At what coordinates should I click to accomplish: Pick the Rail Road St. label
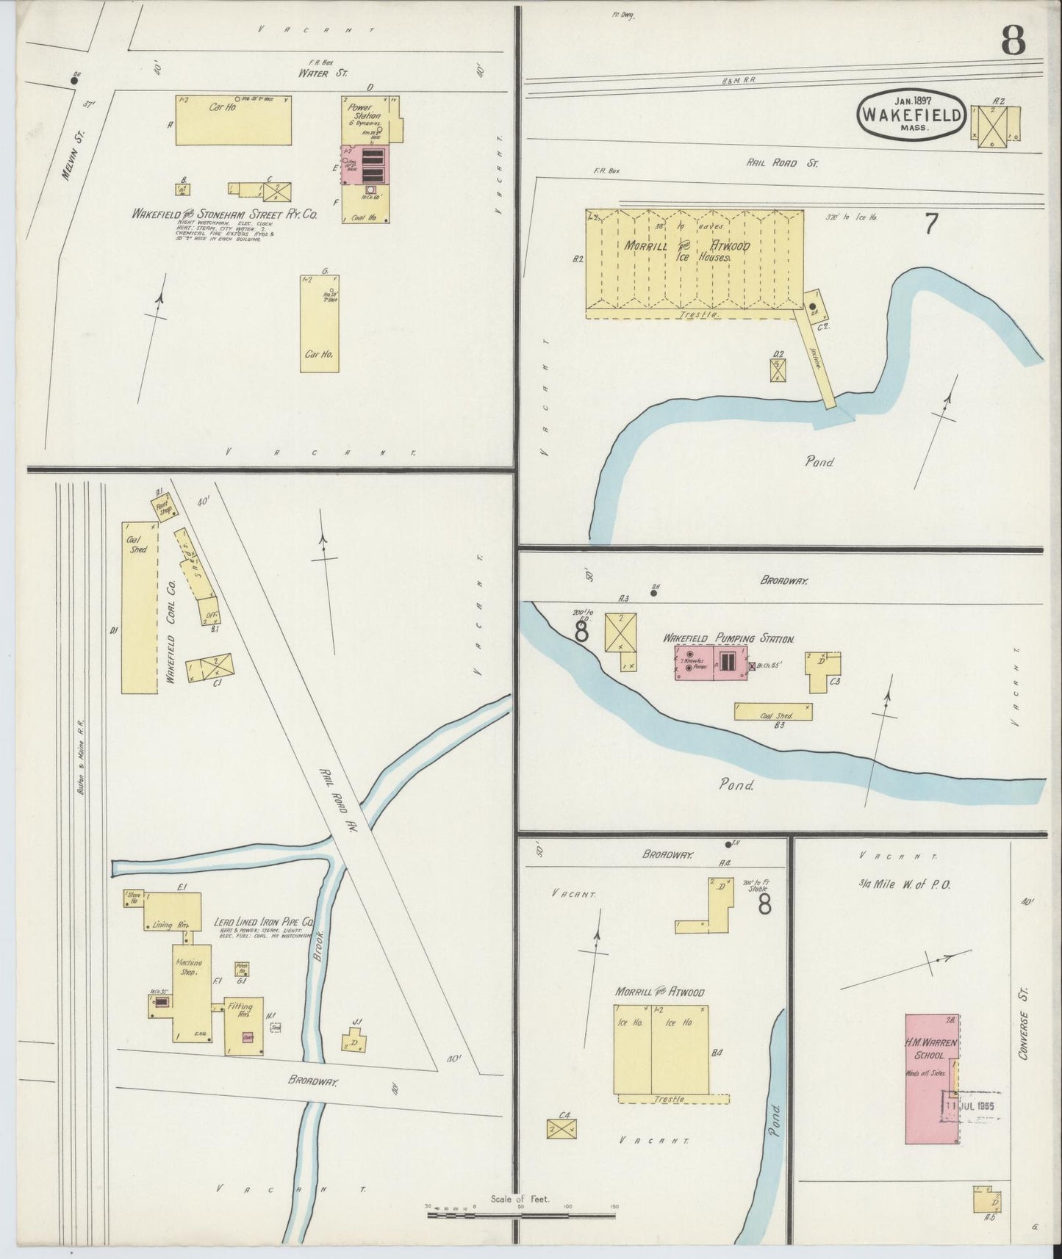coord(782,163)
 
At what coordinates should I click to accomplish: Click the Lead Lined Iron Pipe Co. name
coord(264,920)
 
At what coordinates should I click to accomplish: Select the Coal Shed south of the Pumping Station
coord(772,712)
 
